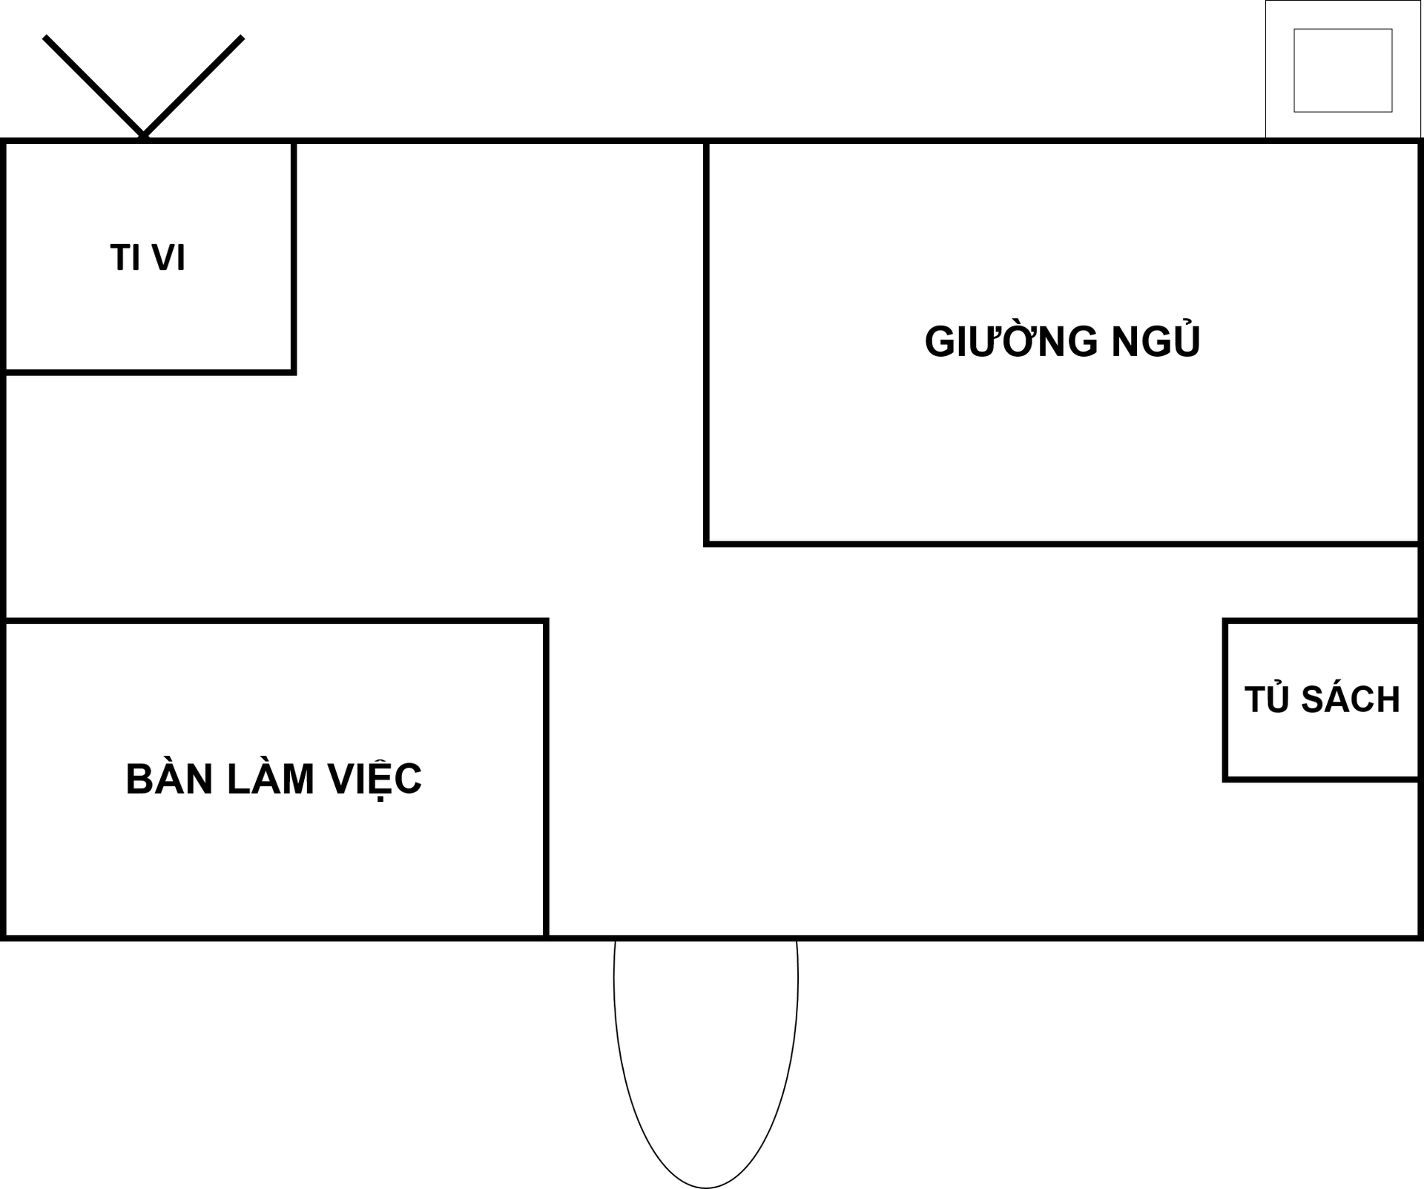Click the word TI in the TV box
[125, 258]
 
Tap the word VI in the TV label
[168, 258]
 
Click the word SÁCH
[1350, 699]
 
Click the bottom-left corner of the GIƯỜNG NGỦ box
[707, 544]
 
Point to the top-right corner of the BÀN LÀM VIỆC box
[546, 621]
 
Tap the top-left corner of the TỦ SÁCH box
[1226, 622]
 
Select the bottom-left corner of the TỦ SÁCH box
[1226, 779]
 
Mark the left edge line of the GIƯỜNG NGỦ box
[707, 341]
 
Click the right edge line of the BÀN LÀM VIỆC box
[546, 779]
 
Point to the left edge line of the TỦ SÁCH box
[1226, 700]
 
